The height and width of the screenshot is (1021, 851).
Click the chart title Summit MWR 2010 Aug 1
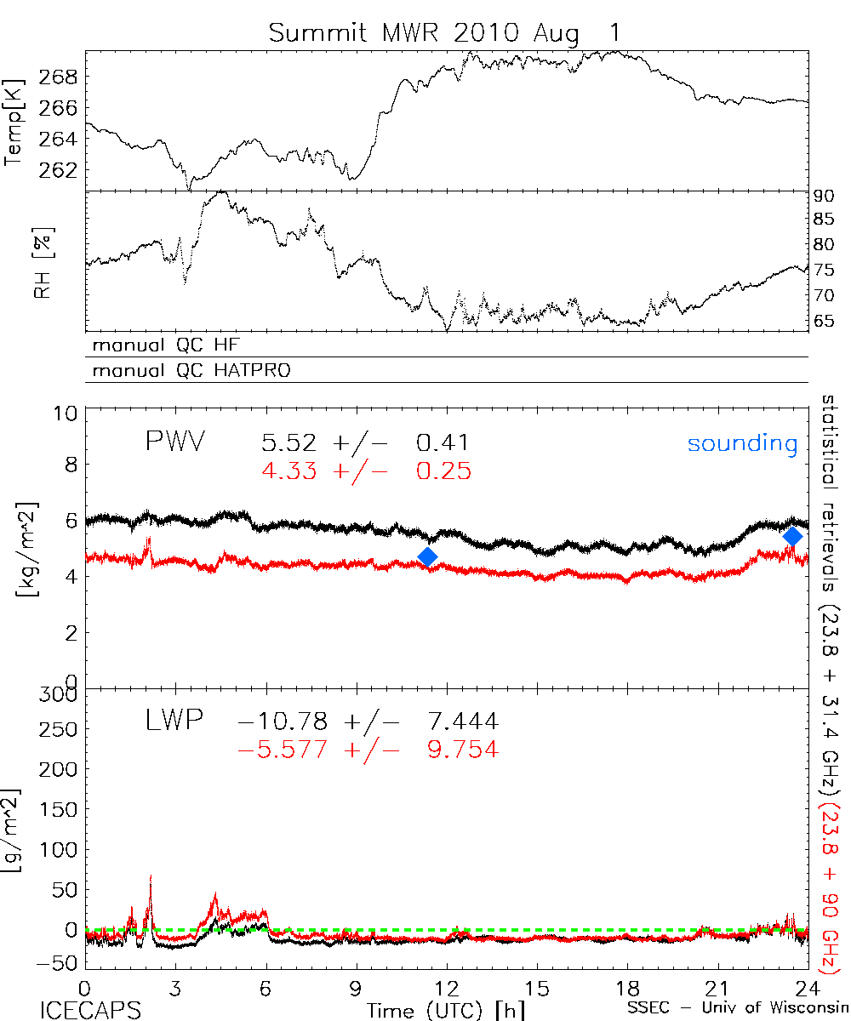coord(445,33)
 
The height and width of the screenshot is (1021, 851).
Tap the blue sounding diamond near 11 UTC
coord(428,556)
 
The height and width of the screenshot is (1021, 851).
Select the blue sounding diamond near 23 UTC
coord(793,536)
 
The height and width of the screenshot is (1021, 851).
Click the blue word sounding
coord(743,444)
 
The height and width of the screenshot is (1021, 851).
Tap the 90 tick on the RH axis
coord(825,195)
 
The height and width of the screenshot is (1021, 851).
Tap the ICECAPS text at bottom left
coord(90,1010)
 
